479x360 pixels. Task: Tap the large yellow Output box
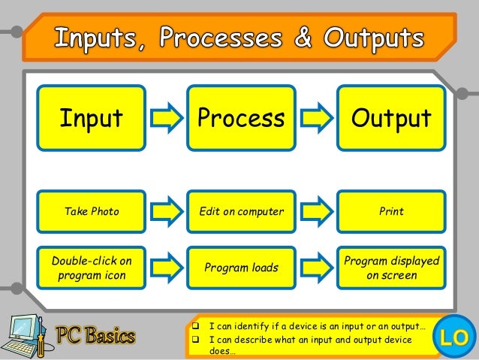[390, 119]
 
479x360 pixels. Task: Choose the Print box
[390, 211]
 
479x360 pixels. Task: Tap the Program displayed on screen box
[390, 268]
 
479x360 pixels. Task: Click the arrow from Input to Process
[166, 119]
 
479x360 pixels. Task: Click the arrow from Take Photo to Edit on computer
[166, 211]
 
